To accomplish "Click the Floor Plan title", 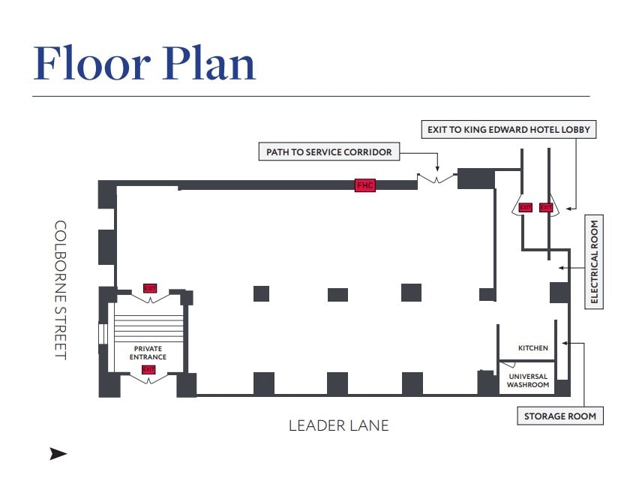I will coord(145,63).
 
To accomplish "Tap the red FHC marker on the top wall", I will coord(364,185).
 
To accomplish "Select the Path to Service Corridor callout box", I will coord(329,152).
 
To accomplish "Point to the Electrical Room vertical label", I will coord(594,261).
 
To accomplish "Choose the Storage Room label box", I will coord(559,416).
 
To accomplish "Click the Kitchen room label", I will coord(533,348).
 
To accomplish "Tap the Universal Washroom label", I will coord(528,380).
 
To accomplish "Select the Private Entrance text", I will coord(148,353).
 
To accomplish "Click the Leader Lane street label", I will coord(339,425).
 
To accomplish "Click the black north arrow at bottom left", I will coord(58,454).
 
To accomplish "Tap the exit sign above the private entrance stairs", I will coord(150,288).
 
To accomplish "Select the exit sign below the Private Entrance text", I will coord(148,369).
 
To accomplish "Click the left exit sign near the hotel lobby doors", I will coord(525,207).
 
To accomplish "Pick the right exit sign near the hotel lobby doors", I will coord(545,207).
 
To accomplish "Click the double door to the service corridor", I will coord(436,179).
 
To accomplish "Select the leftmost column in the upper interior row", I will coord(261,293).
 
